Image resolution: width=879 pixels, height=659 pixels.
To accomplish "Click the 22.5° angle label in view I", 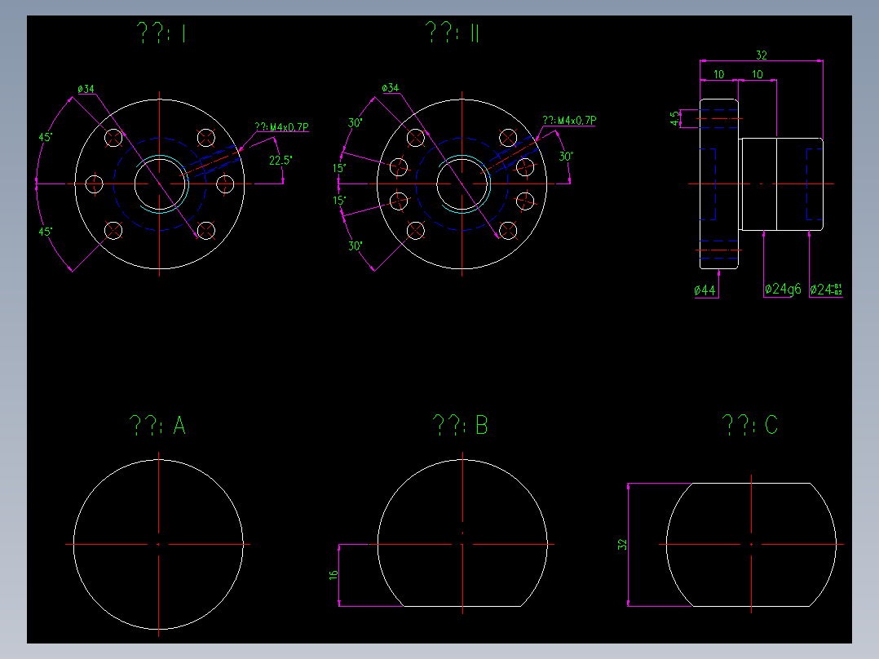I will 280,161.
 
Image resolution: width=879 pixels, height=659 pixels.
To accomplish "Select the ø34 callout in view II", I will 390,88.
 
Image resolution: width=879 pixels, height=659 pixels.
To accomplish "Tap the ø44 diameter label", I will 705,290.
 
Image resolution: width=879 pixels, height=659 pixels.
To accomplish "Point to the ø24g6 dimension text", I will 783,290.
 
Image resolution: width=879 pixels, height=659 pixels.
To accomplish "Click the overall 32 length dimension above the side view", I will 761,55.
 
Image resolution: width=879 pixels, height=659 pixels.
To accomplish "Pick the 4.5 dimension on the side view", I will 674,119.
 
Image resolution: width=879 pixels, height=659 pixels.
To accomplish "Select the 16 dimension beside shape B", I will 333,575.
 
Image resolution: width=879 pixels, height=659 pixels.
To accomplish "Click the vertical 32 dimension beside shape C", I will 622,545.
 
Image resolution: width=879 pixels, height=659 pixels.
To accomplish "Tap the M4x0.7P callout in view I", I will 281,127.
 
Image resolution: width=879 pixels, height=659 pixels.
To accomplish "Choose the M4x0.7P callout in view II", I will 569,121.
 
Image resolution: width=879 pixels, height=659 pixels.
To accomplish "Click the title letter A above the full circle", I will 179,426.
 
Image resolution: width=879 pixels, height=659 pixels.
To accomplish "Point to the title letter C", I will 771,425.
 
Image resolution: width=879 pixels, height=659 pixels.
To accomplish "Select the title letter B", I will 481,425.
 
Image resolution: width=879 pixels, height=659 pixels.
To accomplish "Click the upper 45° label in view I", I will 46,137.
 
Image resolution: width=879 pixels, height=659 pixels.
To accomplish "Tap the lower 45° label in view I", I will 46,232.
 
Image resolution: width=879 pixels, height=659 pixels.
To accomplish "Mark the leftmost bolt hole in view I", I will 95,184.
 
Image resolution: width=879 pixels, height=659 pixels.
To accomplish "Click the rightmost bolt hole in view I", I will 227,184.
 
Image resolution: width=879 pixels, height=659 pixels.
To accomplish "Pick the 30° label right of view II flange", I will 565,156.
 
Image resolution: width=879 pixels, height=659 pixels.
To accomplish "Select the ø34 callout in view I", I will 86,89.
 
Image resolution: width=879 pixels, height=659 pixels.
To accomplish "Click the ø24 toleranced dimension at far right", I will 825,290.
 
